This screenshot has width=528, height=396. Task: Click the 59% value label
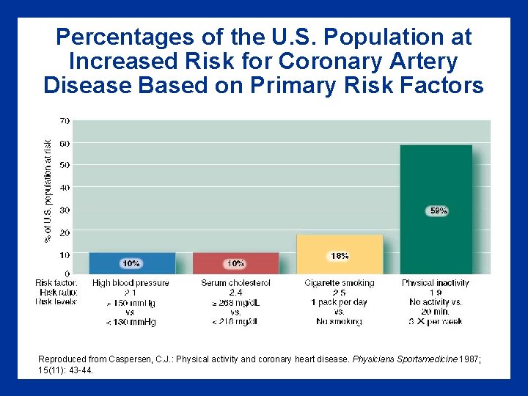(439, 210)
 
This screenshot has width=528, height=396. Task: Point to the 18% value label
(340, 256)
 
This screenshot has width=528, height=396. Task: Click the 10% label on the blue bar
(131, 263)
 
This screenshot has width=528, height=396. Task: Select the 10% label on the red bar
(235, 263)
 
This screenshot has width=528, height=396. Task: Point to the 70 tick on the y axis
(65, 120)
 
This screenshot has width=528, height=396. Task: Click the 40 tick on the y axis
(65, 188)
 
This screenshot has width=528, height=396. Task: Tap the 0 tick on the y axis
(67, 274)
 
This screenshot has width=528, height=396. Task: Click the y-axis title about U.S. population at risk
(47, 191)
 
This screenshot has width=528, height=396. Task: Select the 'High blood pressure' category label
(131, 283)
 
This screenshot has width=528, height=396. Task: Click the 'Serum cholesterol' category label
(235, 283)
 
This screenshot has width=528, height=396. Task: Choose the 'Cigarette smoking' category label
(340, 283)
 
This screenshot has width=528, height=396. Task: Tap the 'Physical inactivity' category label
(436, 283)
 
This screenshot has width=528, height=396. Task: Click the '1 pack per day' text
(339, 302)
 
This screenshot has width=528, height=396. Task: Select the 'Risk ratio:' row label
(58, 292)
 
